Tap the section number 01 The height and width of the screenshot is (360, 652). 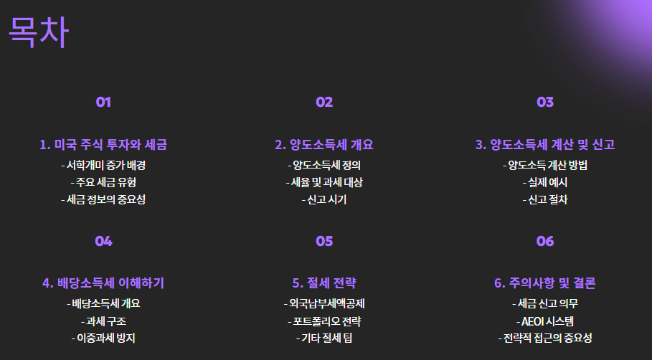(x=103, y=102)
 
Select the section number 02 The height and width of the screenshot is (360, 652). (x=324, y=102)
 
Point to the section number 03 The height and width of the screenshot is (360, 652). (x=545, y=102)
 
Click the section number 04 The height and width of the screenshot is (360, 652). (x=103, y=241)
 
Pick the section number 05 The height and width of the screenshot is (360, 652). (x=324, y=241)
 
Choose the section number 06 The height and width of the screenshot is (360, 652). (x=545, y=241)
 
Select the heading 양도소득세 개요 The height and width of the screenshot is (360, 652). (x=324, y=145)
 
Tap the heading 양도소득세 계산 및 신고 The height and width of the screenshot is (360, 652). (x=545, y=145)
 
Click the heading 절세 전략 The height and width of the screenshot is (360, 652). (x=324, y=283)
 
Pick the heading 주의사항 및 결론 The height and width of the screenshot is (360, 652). (x=545, y=283)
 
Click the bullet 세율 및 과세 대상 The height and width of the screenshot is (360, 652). (x=324, y=182)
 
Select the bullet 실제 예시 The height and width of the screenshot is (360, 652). (x=545, y=182)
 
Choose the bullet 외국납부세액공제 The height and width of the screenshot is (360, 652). (x=324, y=303)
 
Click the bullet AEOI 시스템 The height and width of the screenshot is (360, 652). (x=545, y=321)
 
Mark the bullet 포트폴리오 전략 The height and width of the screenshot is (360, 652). (x=324, y=321)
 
